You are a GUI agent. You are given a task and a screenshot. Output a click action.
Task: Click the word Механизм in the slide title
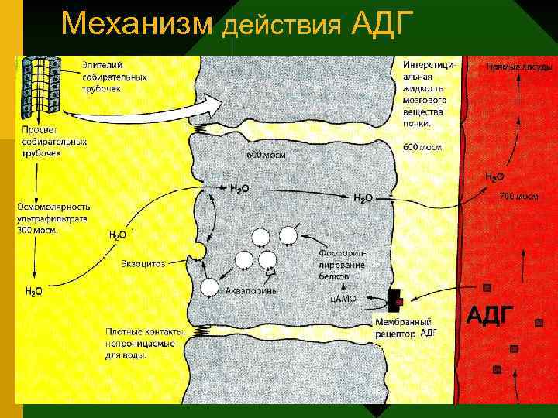coord(136,26)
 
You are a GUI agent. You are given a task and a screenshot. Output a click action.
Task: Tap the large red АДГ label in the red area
coord(489,315)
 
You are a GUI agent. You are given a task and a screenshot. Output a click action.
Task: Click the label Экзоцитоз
coord(143,264)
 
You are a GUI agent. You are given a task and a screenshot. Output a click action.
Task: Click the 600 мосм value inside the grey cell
coord(266,155)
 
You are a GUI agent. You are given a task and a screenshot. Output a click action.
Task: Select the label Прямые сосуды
coord(512,67)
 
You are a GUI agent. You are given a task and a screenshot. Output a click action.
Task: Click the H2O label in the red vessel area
coord(494,177)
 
